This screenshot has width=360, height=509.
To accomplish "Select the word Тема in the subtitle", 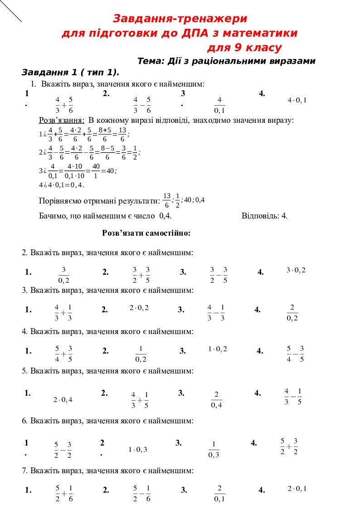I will click(148, 61).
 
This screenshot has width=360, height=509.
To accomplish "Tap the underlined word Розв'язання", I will click(62, 120).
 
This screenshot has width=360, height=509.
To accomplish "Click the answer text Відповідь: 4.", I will click(264, 216).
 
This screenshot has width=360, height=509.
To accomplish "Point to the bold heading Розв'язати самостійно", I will click(146, 233).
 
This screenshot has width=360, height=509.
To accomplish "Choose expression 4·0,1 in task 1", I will click(297, 100).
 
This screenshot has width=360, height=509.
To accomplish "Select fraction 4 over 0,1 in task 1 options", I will click(219, 105).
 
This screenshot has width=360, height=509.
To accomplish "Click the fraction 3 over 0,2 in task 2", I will click(64, 275).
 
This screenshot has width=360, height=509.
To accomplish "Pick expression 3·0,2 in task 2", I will click(296, 270).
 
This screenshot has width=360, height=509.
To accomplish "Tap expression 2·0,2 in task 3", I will click(139, 308).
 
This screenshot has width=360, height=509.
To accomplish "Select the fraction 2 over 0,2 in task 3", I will click(292, 313).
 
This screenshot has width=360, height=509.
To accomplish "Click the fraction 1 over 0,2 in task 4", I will click(141, 354).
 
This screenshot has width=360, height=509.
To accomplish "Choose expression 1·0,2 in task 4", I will click(218, 349).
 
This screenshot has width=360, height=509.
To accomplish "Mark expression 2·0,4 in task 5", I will click(63, 400).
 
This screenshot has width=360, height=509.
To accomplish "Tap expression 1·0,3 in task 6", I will click(138, 450).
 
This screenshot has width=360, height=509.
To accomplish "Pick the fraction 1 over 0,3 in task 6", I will click(214, 450).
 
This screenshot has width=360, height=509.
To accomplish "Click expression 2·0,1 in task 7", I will click(297, 489).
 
